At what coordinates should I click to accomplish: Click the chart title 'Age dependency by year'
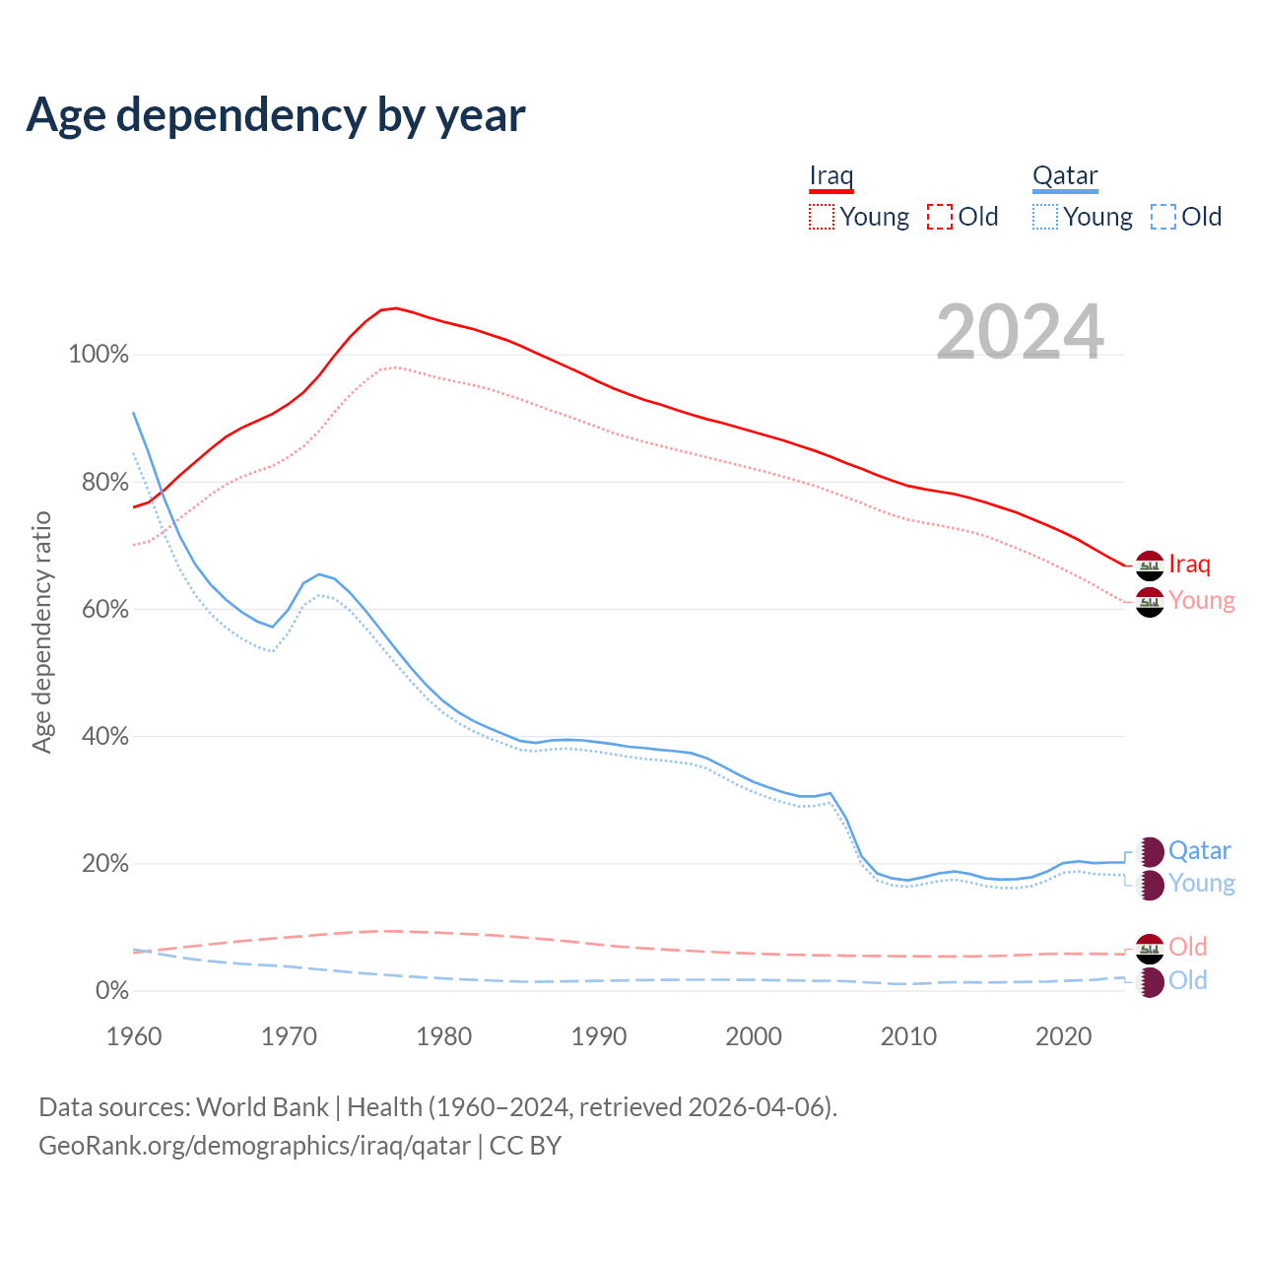click(x=276, y=114)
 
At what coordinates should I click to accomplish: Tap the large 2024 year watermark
click(x=1020, y=332)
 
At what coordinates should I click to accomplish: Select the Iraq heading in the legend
click(x=830, y=175)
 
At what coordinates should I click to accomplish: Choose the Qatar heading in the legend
click(x=1064, y=175)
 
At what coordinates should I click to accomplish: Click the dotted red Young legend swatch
click(x=821, y=217)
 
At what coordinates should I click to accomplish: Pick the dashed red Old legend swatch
click(x=939, y=217)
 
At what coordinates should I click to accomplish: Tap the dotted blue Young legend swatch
click(x=1044, y=217)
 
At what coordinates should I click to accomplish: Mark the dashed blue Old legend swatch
click(x=1162, y=217)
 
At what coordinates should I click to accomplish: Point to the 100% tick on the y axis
click(x=99, y=355)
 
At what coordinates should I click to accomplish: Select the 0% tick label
click(x=112, y=991)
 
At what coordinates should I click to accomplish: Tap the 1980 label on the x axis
click(x=444, y=1036)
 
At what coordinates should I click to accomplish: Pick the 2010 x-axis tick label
click(x=908, y=1036)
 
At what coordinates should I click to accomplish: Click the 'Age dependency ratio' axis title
click(x=41, y=631)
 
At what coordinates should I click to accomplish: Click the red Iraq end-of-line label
click(x=1189, y=564)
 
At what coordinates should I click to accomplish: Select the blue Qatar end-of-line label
click(x=1199, y=850)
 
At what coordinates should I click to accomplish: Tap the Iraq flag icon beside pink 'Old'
click(x=1150, y=949)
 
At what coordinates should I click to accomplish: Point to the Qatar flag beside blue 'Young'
click(x=1150, y=884)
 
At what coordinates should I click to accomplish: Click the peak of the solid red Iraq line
click(x=395, y=308)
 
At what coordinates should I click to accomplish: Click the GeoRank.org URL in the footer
click(x=254, y=1146)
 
